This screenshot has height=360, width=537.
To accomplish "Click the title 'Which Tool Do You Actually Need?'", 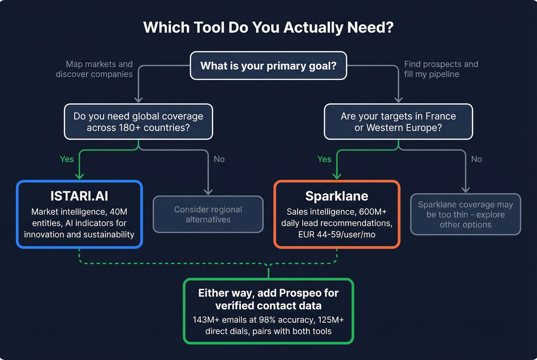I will pos(268,28).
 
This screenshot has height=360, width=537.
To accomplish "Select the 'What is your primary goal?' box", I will pos(268,66).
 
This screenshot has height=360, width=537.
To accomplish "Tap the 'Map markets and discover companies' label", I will pos(94,69).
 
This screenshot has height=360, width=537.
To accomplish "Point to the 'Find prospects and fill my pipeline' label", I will pos(441,69).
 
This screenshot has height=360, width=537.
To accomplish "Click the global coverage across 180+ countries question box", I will pos(138,122).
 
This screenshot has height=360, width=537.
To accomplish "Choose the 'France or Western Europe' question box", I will pos(398,122).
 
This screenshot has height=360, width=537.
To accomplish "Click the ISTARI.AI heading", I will pos(79,196).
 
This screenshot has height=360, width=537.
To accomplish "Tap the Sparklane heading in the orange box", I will pos(336,196).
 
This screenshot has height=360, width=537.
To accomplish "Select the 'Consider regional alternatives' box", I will pos(208,214).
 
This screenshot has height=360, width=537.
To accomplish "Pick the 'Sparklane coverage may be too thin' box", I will pos(465,214).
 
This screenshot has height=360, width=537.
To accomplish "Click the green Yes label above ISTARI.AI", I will pos(67,159).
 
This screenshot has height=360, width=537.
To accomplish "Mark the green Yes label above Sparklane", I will pos(324,159).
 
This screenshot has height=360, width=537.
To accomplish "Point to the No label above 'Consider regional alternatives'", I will pos(219,159).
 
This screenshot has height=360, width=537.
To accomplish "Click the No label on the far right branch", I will pos(476,159).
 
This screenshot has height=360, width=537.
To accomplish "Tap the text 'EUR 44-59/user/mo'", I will pos(336,234).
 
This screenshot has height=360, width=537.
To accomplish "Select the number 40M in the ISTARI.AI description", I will pos(118,212).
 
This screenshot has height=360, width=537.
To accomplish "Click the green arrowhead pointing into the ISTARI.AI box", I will pos(79,176).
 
